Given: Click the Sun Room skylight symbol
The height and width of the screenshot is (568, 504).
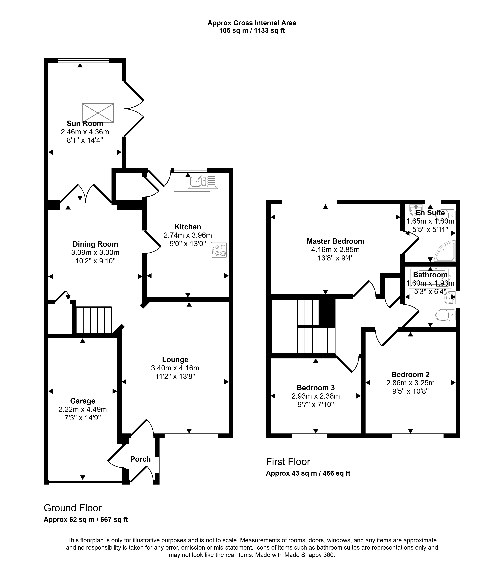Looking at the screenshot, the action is pos(98,113).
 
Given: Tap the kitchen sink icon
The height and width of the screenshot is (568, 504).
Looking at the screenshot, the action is pos(203,181).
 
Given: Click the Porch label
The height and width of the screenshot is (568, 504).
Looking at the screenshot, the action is pos(140,459).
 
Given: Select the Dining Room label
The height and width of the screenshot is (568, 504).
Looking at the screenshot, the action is pos(95,244).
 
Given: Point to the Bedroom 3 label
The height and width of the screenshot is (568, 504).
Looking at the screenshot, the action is pos(316,388).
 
